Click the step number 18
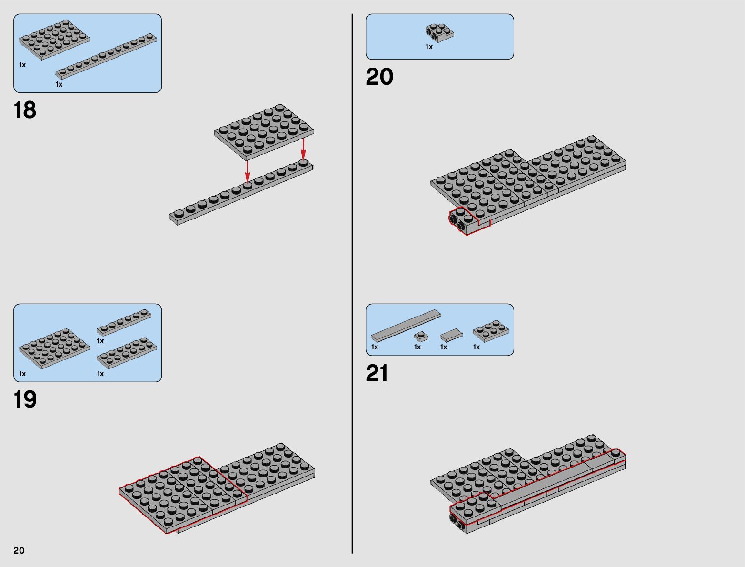click(x=25, y=110)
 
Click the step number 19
click(x=25, y=399)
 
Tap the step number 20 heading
click(x=379, y=77)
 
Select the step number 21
click(x=377, y=373)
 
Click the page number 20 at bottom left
click(x=19, y=550)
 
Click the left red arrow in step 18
click(x=247, y=171)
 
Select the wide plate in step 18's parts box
click(x=54, y=40)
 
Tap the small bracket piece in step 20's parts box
click(x=439, y=33)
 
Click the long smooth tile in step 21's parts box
click(x=406, y=325)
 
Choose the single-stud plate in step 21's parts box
click(x=420, y=336)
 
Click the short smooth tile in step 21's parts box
click(x=451, y=335)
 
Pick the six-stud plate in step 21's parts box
click(x=490, y=331)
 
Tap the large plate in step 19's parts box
click(x=54, y=348)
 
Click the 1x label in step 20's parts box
click(x=429, y=47)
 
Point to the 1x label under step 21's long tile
click(x=375, y=347)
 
